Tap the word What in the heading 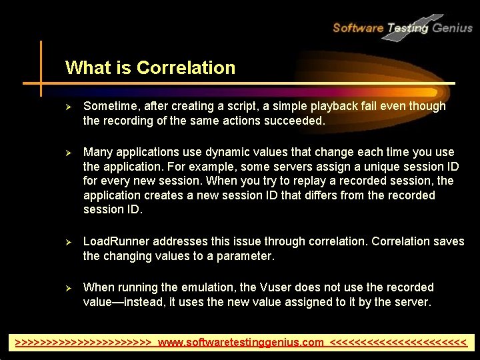[x=83, y=68]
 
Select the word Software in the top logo [x=357, y=28]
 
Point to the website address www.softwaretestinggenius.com [x=241, y=343]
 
